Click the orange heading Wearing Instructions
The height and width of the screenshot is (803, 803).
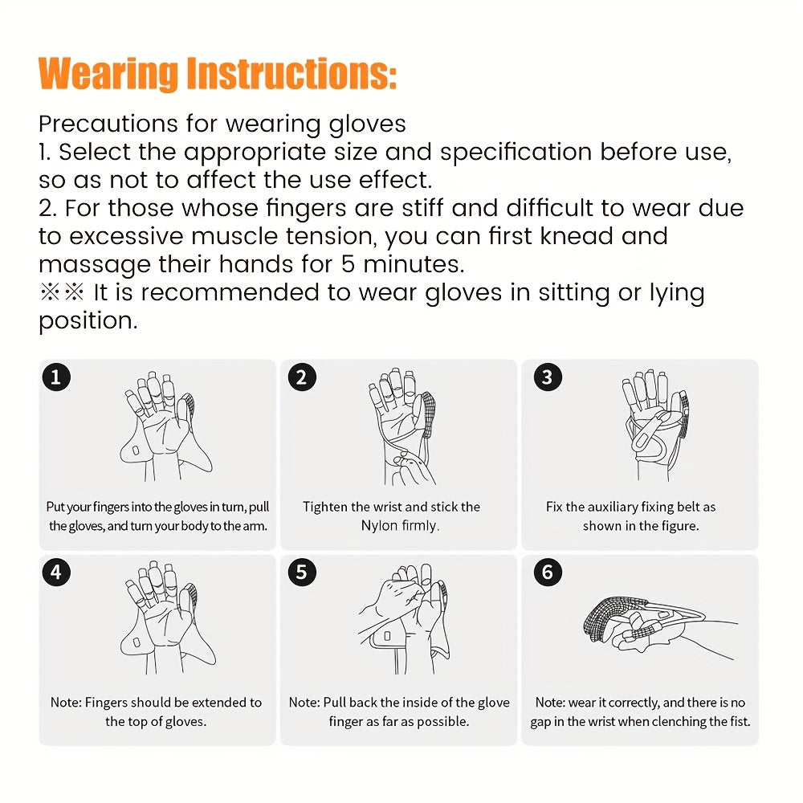[217, 73]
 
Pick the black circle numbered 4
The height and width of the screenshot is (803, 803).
[55, 573]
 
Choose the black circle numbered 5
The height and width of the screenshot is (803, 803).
[301, 573]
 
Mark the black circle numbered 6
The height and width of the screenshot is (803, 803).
[548, 573]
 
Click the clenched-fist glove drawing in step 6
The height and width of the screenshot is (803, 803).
[650, 622]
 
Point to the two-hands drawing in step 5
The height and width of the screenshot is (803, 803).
[401, 618]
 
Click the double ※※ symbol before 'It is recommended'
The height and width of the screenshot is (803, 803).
[62, 292]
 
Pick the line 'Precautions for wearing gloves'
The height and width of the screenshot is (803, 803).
[222, 124]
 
